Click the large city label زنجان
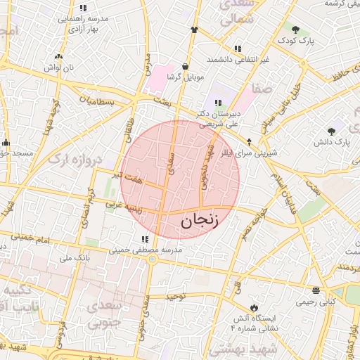tap(200, 220)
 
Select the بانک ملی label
tap(75, 258)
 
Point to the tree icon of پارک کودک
tap(295, 30)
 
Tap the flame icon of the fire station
tap(254, 307)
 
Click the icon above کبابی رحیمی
tap(315, 290)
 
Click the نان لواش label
tap(58, 67)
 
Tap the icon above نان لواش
tap(58, 56)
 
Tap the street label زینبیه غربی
tap(124, 206)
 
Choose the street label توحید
tap(174, 297)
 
